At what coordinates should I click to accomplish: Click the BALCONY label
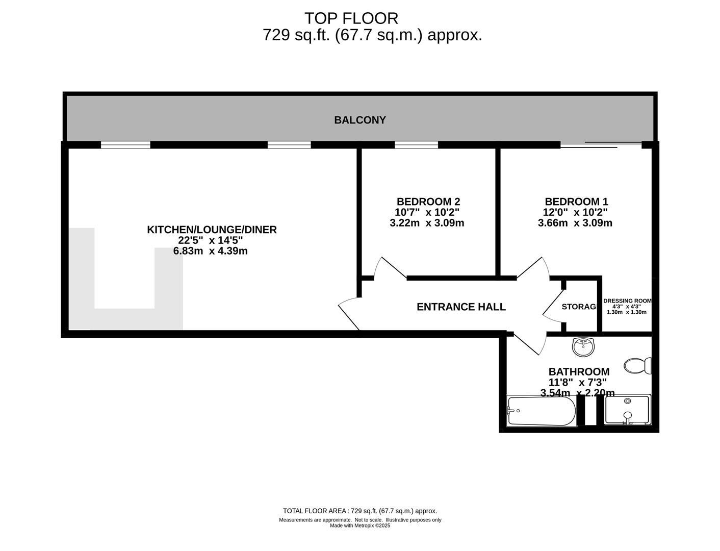pos(360,120)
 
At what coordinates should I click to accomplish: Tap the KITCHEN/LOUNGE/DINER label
pos(212,230)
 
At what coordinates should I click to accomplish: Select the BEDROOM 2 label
pos(428,202)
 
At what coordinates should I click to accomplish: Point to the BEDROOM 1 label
pos(576,202)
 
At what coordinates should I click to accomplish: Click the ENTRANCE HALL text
pos(461,307)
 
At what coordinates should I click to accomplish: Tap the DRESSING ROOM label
pos(627,301)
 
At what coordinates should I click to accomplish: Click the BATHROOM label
pos(579,372)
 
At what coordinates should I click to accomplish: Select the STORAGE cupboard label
pos(579,307)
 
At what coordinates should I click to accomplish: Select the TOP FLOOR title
pos(351,18)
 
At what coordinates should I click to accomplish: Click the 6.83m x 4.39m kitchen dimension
pos(211,251)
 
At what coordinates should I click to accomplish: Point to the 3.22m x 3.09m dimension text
pos(427,223)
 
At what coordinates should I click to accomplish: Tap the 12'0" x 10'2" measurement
pos(575,212)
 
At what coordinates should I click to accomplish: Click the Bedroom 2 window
pos(416,145)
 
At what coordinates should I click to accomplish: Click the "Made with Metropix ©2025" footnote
pos(360,525)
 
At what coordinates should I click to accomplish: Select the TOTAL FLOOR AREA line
pos(360,511)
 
